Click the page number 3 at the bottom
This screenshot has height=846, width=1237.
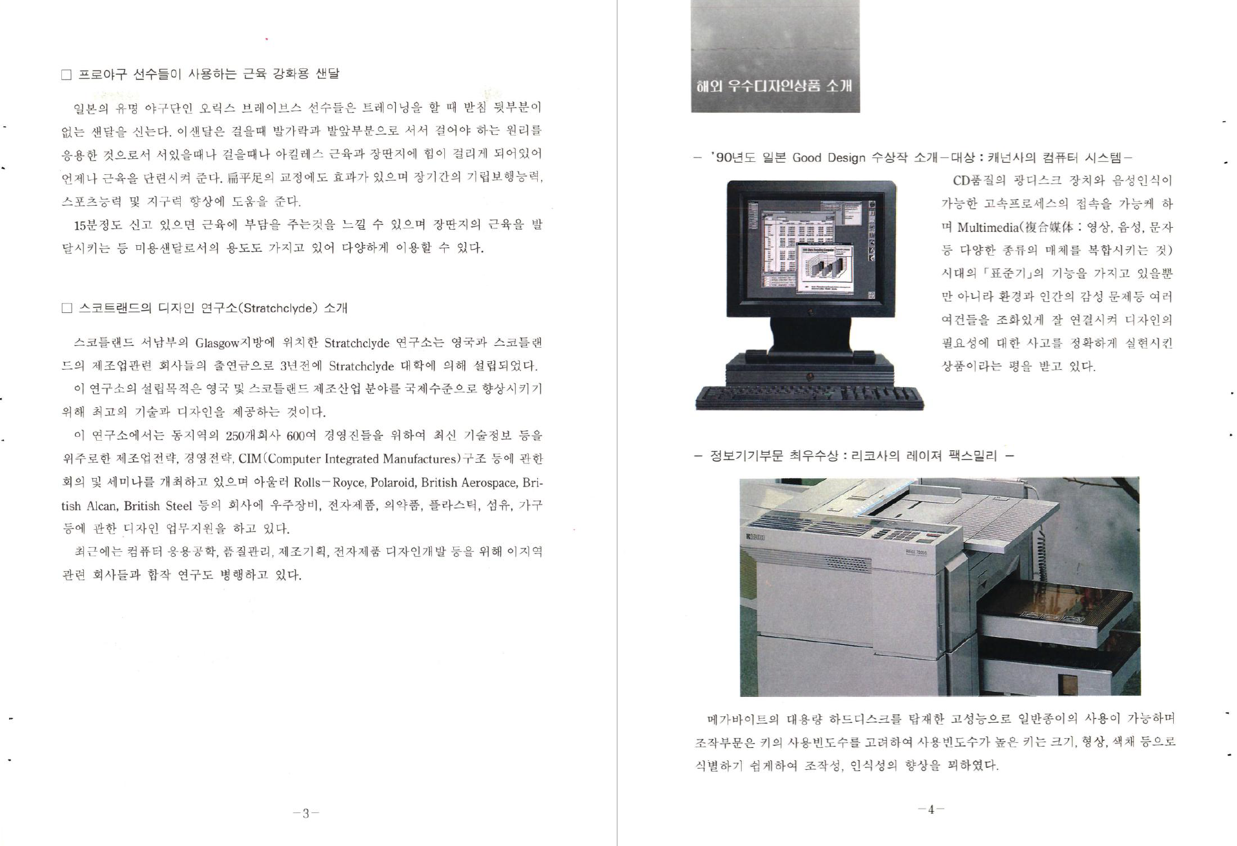point(306,813)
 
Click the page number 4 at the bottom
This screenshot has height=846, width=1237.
point(930,809)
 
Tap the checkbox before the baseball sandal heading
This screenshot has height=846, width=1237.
point(66,75)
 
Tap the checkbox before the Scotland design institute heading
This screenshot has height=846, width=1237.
point(66,308)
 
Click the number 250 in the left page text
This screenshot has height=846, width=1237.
point(235,436)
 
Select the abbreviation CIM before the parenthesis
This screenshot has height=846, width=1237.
point(250,459)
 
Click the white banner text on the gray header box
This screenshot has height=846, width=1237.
point(774,86)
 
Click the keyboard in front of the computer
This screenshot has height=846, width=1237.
point(810,397)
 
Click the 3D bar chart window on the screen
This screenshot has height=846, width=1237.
point(828,269)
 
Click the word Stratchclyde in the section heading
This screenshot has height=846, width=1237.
point(280,308)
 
